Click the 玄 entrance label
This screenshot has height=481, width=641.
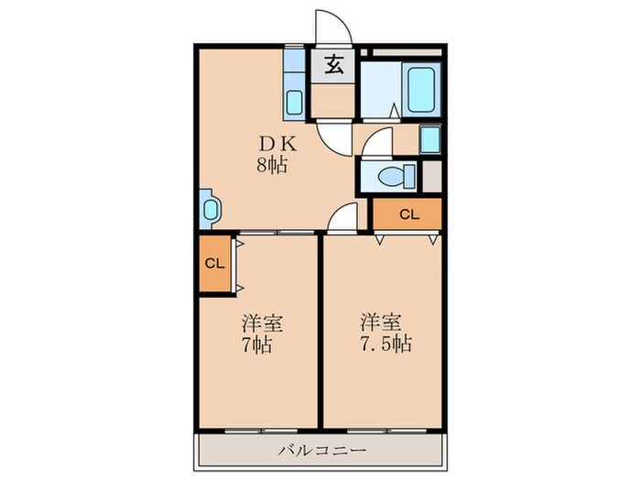click(333, 65)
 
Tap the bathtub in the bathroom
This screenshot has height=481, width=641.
click(423, 90)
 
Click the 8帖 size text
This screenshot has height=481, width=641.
click(269, 167)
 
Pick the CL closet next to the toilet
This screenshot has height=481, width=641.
click(408, 215)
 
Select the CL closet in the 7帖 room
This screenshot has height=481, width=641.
click(214, 264)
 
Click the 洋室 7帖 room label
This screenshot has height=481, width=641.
click(261, 334)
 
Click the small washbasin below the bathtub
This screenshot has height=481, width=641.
click(429, 139)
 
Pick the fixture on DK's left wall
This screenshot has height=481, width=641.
click(208, 209)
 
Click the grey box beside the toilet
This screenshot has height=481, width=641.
click(430, 176)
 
